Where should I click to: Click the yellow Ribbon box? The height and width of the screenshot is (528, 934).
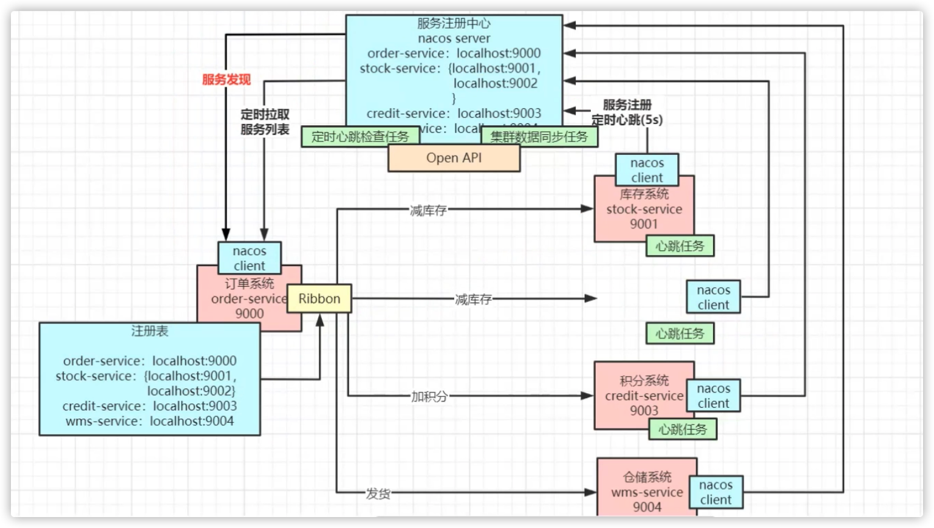(319, 298)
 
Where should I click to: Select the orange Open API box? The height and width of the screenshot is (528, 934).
(454, 158)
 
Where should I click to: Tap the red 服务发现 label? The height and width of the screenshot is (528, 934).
(226, 80)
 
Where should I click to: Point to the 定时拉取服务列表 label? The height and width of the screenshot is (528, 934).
(265, 122)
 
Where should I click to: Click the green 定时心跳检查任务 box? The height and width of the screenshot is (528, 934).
(360, 137)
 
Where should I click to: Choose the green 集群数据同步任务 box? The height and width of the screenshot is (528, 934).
(539, 137)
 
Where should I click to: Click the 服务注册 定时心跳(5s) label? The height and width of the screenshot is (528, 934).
(627, 112)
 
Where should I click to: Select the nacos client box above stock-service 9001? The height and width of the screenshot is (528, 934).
(647, 170)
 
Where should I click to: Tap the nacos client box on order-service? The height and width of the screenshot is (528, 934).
(249, 258)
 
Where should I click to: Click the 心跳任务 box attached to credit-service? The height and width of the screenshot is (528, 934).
(683, 430)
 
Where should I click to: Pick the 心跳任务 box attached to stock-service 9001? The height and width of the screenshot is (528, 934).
(680, 246)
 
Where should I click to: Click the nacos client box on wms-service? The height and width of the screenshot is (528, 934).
(715, 492)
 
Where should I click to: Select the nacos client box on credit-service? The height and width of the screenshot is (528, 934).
(713, 396)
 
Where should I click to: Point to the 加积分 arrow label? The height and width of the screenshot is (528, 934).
(429, 397)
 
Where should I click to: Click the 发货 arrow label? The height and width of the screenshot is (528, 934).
(378, 493)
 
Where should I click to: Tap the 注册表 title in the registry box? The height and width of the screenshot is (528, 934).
(149, 331)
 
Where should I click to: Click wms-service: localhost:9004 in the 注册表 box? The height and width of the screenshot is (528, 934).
(149, 421)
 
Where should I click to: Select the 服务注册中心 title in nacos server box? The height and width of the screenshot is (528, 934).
(454, 24)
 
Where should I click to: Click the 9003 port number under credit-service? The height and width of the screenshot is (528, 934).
(644, 411)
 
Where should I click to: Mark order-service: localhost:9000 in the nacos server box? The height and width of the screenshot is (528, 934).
(454, 53)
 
